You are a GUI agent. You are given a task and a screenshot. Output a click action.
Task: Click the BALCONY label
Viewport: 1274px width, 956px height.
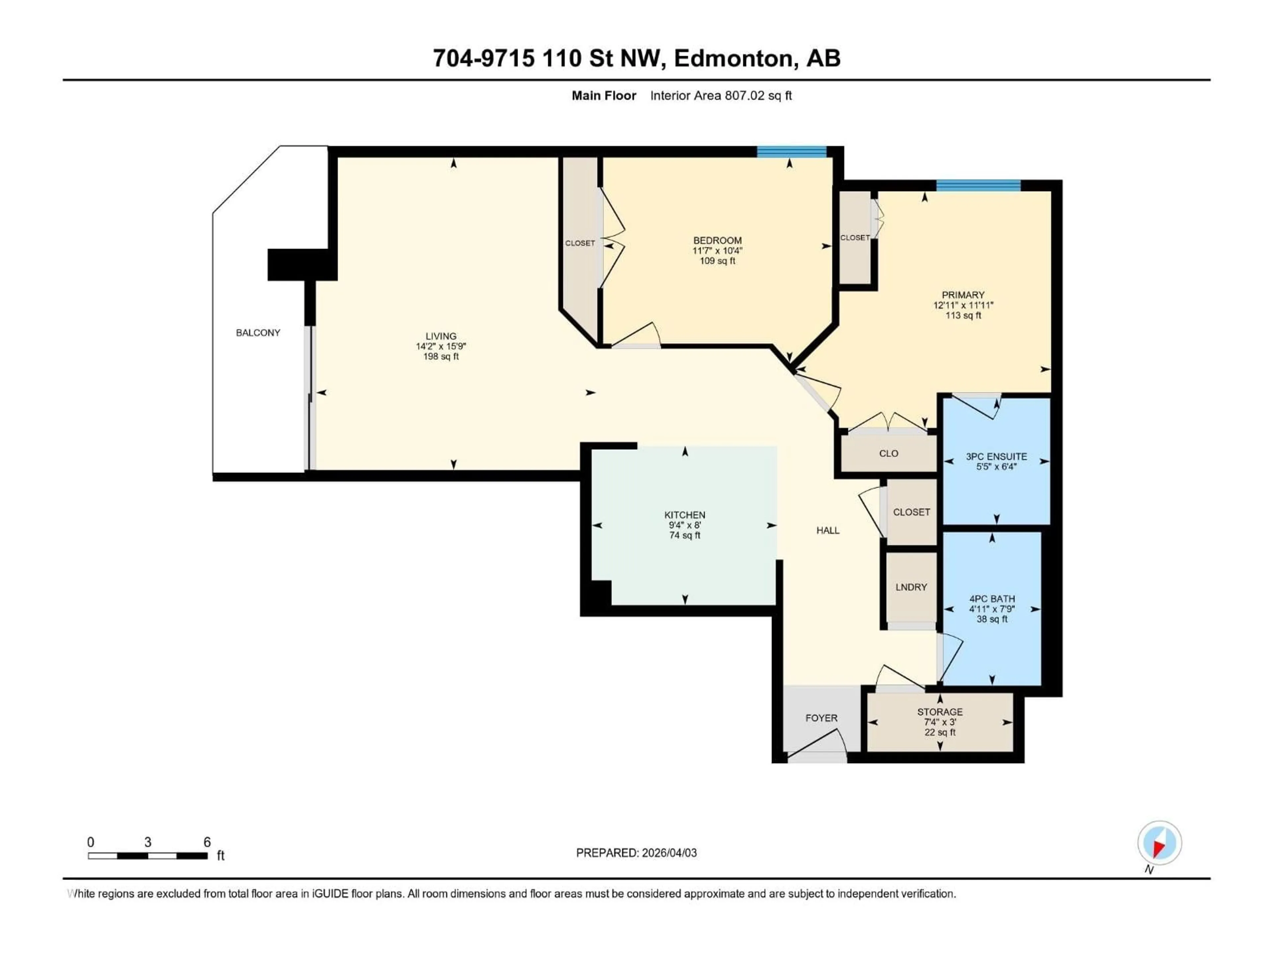tap(258, 333)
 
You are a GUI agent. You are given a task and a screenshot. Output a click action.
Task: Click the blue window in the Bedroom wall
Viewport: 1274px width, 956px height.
tap(791, 152)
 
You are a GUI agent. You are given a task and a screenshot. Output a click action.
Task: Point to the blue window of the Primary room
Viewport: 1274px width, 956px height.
tap(978, 186)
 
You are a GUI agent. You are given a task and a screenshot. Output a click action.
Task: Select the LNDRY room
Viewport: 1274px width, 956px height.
tap(911, 587)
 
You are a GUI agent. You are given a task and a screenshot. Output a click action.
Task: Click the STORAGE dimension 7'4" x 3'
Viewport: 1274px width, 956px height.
tap(940, 722)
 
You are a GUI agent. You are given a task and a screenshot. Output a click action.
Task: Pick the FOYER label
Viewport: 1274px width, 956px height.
tap(821, 718)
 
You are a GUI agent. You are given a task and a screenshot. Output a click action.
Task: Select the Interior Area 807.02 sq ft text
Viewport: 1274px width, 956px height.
tap(721, 96)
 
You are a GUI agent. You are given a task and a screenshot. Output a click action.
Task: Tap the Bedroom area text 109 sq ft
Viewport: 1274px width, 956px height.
tap(717, 261)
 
